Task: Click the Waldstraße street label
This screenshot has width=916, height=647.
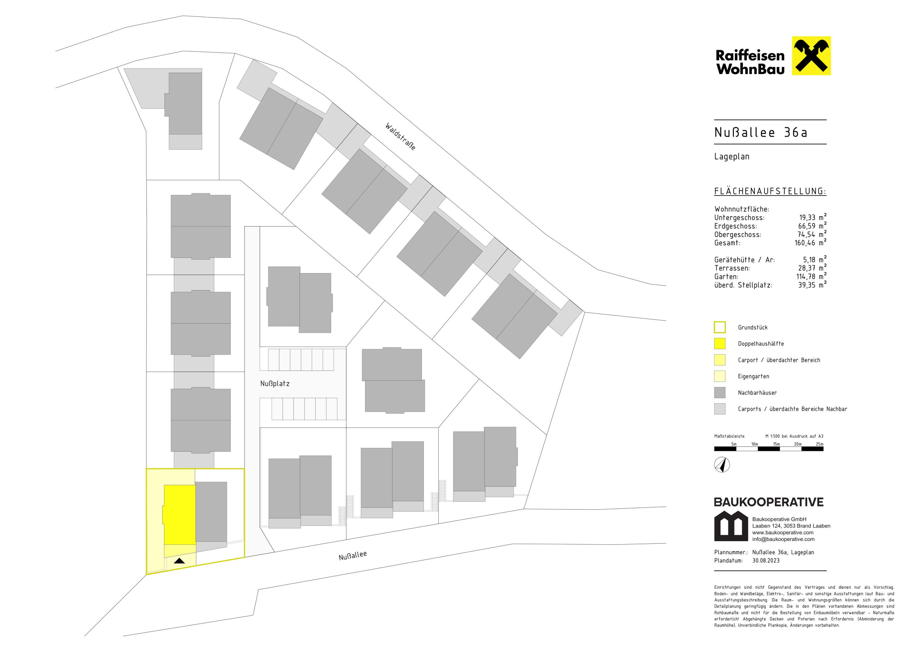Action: tap(400, 137)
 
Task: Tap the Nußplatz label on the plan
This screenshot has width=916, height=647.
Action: tap(275, 383)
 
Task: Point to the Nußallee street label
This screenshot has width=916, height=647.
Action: tap(353, 555)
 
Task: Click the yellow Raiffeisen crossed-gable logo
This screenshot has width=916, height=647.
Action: tap(811, 56)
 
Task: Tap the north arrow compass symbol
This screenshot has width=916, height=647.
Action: tap(722, 465)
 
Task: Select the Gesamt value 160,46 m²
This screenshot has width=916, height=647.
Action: tap(811, 242)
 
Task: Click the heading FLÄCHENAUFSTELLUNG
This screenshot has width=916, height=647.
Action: tap(770, 191)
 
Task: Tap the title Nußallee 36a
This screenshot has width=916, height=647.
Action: tap(761, 132)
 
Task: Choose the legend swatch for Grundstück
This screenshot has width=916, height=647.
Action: tap(720, 327)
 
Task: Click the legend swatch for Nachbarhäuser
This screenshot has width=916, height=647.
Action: tap(720, 393)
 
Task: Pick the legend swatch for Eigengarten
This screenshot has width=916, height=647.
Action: tap(720, 376)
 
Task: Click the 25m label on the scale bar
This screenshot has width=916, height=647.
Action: tap(819, 444)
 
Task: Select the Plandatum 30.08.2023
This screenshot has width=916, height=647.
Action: tap(765, 560)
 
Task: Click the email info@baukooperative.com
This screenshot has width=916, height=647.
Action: tap(783, 539)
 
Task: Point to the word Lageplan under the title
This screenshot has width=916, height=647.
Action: tap(732, 157)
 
